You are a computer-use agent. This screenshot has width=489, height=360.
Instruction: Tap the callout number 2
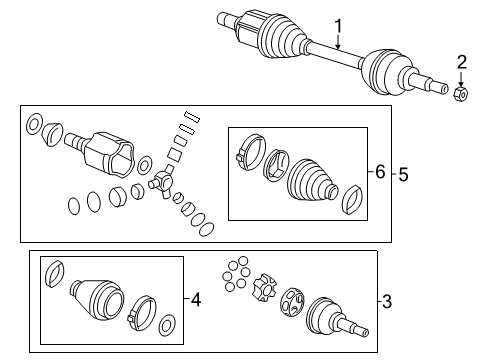click(x=461, y=63)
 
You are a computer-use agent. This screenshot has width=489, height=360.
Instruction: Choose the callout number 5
click(x=404, y=173)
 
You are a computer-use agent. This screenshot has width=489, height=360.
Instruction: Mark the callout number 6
click(x=380, y=173)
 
